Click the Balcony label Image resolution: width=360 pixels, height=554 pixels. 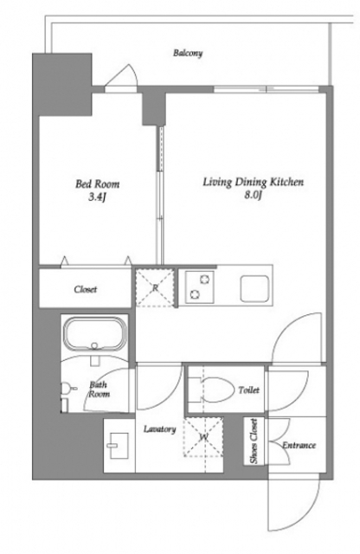click(x=188, y=54)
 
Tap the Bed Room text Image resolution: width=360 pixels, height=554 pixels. click(x=97, y=184)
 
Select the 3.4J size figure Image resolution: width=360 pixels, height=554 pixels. click(x=97, y=197)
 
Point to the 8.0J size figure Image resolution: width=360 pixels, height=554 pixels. click(x=253, y=195)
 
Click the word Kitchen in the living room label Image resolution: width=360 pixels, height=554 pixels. click(x=286, y=182)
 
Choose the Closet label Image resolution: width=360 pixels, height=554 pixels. click(x=85, y=289)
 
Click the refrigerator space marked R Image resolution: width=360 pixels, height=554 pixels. click(x=155, y=287)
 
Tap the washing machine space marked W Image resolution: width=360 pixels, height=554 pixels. click(x=202, y=437)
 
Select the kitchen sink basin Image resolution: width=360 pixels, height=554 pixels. click(x=254, y=288)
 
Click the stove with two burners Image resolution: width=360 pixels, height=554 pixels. click(x=200, y=287)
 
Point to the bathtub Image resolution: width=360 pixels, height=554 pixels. click(x=94, y=334)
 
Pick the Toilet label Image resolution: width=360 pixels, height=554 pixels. click(x=248, y=390)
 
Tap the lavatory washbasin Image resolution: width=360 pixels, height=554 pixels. click(x=119, y=445)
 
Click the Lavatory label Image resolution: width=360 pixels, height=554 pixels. click(x=160, y=429)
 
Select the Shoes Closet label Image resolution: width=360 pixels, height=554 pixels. click(x=254, y=441)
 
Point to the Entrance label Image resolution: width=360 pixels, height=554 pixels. click(x=299, y=445)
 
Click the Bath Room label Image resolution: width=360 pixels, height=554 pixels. click(x=99, y=389)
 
